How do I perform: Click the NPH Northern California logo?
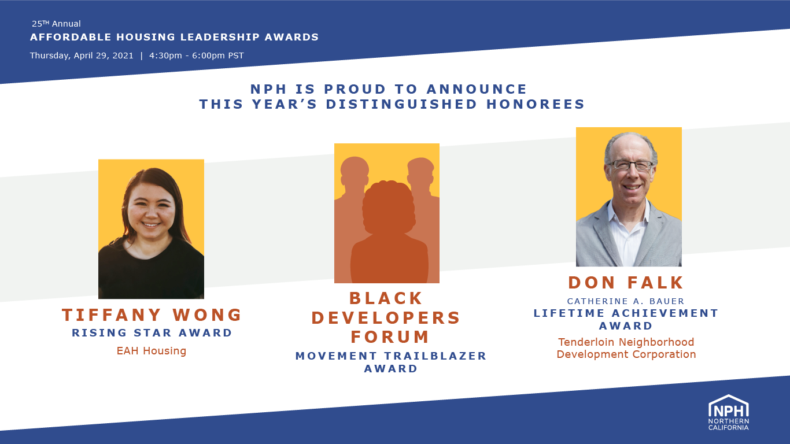[728, 412]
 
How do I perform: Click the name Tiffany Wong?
[152, 315]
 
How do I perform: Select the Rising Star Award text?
[152, 333]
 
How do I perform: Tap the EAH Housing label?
[152, 351]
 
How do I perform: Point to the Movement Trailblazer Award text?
[391, 362]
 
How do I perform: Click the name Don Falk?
[626, 283]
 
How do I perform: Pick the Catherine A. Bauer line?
[626, 301]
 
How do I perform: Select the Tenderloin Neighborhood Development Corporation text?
[626, 348]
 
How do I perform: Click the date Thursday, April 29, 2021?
[82, 56]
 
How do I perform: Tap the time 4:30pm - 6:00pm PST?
[196, 56]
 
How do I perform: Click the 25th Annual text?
[56, 24]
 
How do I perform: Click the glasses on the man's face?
[632, 165]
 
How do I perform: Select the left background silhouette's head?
[355, 169]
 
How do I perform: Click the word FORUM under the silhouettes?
[390, 336]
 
